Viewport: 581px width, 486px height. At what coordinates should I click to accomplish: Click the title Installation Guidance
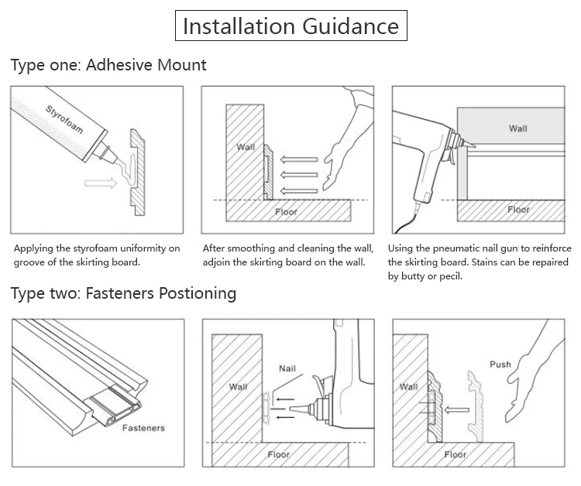290,26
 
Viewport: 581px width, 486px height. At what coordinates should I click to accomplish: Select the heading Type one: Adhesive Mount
108,65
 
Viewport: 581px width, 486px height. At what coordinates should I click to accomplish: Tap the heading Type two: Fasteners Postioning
123,293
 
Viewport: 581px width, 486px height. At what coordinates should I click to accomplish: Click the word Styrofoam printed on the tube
64,117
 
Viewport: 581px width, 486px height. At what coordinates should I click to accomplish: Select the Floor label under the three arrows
286,211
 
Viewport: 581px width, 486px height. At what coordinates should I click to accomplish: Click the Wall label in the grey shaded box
517,128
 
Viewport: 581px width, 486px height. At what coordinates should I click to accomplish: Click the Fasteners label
143,427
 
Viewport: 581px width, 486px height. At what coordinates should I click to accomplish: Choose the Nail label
287,369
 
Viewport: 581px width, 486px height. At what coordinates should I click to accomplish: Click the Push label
500,364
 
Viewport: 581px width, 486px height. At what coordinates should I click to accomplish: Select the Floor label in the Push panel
456,454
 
